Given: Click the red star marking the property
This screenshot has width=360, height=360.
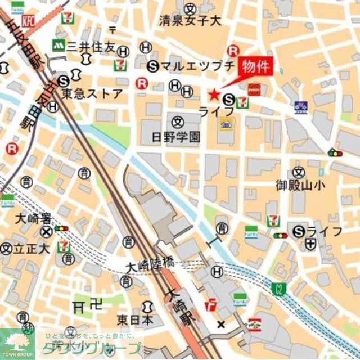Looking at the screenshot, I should [x=214, y=94].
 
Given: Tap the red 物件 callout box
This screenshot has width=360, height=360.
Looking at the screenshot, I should [x=256, y=66].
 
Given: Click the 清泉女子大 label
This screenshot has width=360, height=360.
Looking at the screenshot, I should [x=190, y=22].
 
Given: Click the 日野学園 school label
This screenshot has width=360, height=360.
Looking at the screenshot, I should [x=176, y=136].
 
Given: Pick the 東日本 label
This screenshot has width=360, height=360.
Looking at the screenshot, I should [x=135, y=319].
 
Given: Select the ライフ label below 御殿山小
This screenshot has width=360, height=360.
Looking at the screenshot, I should [x=325, y=231].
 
